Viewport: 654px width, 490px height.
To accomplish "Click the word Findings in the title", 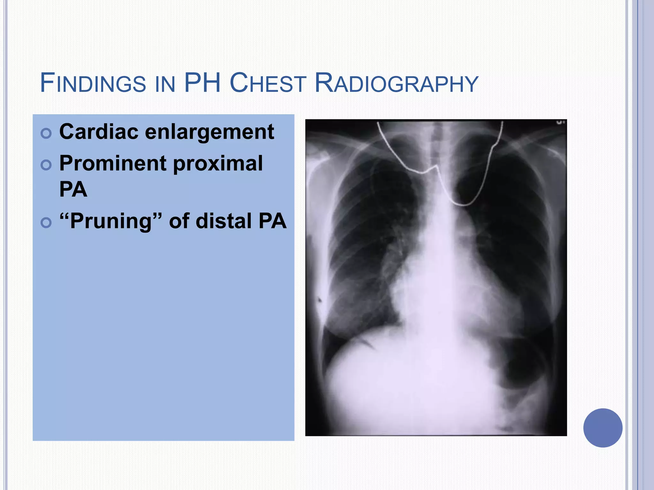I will point(93,83).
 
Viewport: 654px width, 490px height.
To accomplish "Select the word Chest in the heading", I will point(268,83).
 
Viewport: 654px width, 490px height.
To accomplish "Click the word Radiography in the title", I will point(396,84).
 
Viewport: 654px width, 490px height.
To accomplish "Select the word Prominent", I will point(113,163).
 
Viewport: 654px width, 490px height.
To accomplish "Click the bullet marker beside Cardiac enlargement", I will point(46,133).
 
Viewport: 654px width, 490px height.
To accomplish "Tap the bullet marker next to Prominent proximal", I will point(46,165).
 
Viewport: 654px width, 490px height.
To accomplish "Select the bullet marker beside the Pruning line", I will point(46,222).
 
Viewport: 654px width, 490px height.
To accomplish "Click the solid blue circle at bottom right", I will point(603,428).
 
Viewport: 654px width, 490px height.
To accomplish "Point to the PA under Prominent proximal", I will point(73,189).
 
